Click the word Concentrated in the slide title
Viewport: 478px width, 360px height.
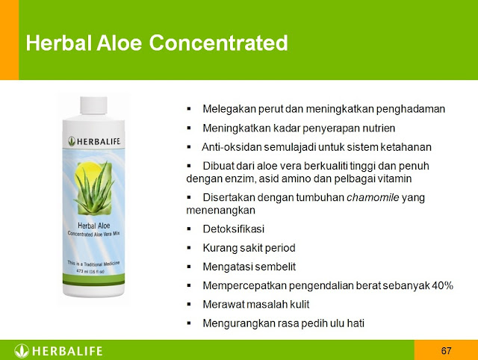click(218, 43)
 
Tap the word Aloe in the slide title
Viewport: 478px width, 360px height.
click(119, 43)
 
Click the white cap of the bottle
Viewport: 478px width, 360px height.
click(93, 105)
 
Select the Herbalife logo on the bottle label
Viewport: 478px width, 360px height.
click(94, 141)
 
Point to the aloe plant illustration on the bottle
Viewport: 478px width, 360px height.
click(93, 187)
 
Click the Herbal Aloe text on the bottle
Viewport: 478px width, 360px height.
click(94, 226)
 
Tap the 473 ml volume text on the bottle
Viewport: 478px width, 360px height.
click(90, 271)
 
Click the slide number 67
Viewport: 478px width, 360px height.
click(446, 350)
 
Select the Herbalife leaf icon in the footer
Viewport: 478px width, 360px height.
click(22, 351)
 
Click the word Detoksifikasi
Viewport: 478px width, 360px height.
click(234, 229)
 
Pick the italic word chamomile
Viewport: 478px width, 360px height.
click(373, 197)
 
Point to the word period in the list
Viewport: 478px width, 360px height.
click(280, 248)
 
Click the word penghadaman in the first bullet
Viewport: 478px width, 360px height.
click(410, 109)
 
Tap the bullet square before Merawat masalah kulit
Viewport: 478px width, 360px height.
click(189, 304)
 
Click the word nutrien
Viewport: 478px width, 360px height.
click(379, 128)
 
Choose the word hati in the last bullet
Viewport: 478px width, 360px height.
click(356, 323)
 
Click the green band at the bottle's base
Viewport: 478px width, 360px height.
click(93, 279)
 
